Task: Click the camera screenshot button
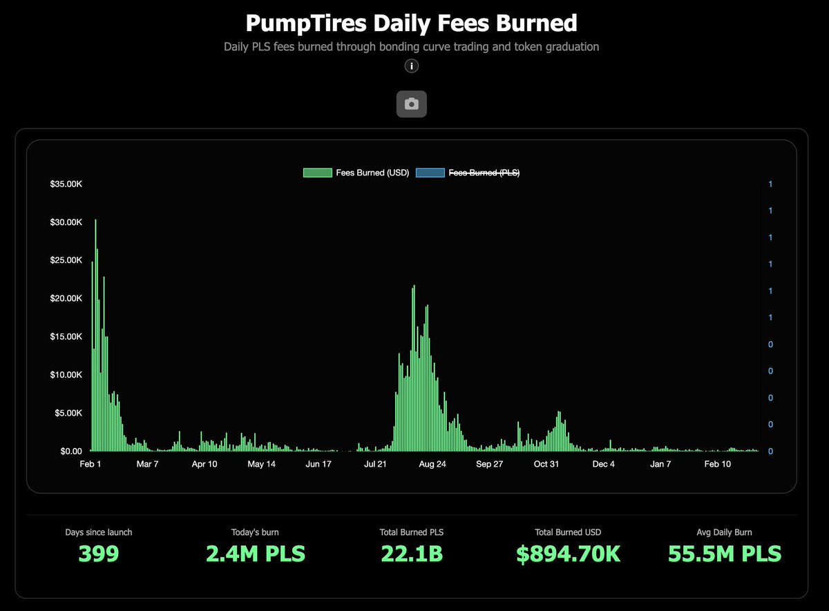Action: coord(411,104)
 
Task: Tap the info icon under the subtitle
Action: coord(411,66)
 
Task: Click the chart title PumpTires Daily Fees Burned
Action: coord(411,23)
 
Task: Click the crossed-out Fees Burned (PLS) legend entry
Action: coord(468,173)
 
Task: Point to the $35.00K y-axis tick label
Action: coord(66,184)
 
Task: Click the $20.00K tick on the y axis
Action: coord(66,298)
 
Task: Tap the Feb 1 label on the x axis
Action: coord(90,464)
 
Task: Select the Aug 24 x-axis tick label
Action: coord(432,464)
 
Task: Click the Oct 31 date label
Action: coord(546,464)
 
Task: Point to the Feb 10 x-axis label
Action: coord(717,464)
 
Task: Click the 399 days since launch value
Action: coord(98,554)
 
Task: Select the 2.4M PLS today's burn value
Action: coord(256,554)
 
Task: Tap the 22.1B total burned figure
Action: coord(411,554)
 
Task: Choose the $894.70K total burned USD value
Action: coord(568,554)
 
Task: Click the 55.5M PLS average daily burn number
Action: coord(724,554)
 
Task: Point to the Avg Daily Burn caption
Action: coord(724,532)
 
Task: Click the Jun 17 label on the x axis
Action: coord(318,464)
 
